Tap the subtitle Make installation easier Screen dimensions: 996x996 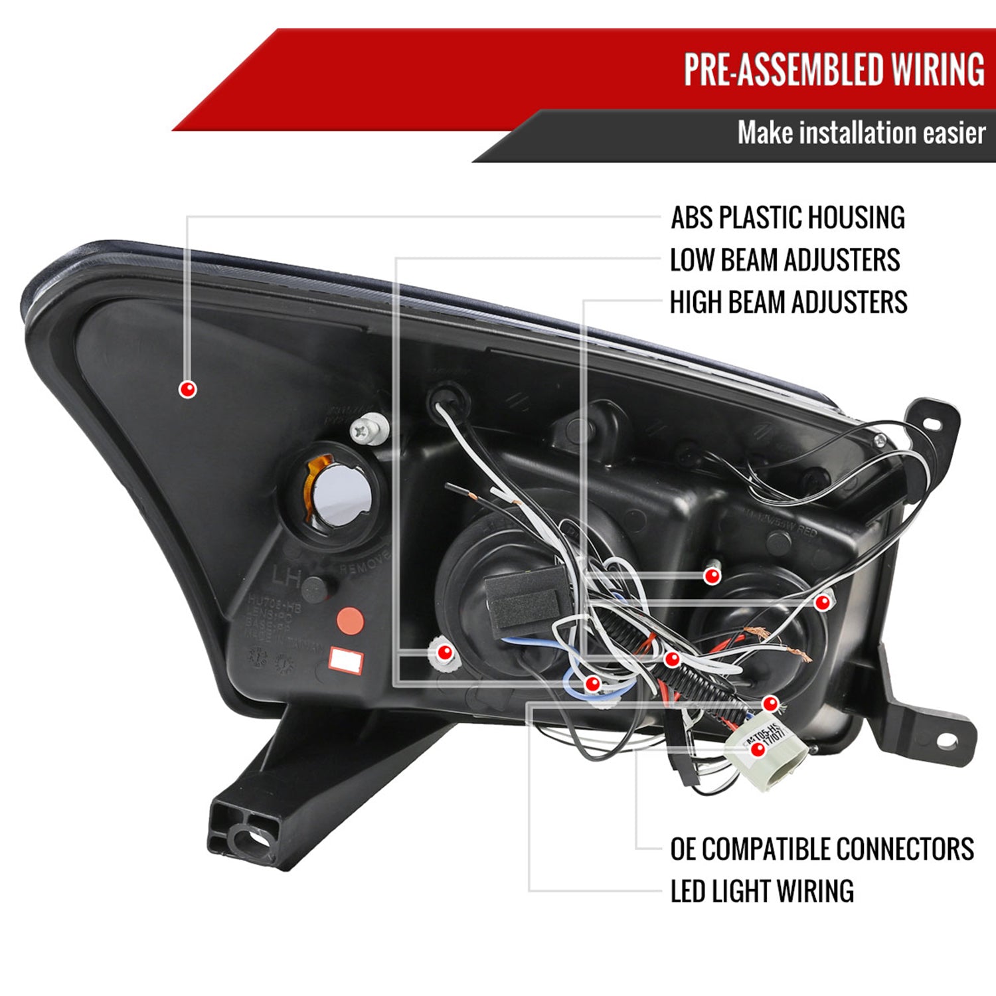pyautogui.click(x=861, y=133)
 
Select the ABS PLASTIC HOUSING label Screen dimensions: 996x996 pyautogui.click(x=788, y=218)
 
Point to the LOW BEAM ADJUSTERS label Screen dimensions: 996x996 pyautogui.click(x=785, y=260)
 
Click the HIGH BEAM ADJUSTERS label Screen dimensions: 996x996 pyautogui.click(x=788, y=302)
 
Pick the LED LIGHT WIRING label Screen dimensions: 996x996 pyautogui.click(x=762, y=891)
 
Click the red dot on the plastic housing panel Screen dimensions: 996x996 pyautogui.click(x=188, y=389)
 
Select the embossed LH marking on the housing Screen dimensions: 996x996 pyautogui.click(x=286, y=576)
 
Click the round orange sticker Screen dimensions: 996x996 pyautogui.click(x=351, y=620)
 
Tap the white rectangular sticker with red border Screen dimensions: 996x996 pyautogui.click(x=347, y=660)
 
